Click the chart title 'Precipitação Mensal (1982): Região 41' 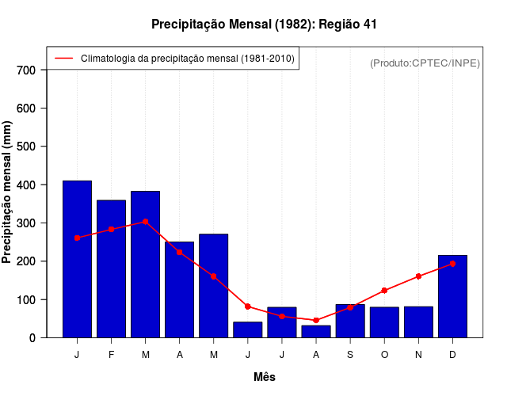coord(264,25)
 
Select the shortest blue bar coord(316,331)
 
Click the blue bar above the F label coord(111,268)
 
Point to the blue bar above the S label coord(350,321)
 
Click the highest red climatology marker coord(145,222)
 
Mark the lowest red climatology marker coord(316,320)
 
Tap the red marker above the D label coord(452,264)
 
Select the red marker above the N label coord(418,276)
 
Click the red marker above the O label coord(384,291)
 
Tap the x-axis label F coord(111,355)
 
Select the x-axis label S coord(350,355)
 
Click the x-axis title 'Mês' coord(265,377)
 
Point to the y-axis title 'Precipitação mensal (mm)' coord(8,192)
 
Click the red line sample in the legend coord(63,59)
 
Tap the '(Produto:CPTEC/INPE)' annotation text coord(425,63)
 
